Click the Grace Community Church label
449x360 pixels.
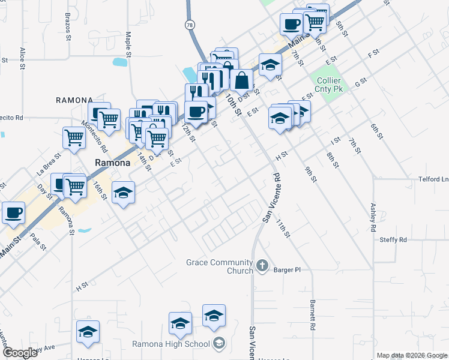click(219, 266)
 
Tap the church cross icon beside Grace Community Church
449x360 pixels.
click(262, 265)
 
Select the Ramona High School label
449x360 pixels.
click(171, 344)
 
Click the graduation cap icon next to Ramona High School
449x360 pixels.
click(219, 343)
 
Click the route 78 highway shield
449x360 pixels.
click(190, 25)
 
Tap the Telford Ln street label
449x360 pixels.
click(433, 179)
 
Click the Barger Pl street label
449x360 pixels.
click(286, 270)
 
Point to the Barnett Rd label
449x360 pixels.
click(313, 316)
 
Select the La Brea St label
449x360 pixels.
click(49, 164)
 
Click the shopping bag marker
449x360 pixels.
click(241, 80)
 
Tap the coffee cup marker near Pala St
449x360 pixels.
click(13, 212)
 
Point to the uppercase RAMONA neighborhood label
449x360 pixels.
click(74, 100)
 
